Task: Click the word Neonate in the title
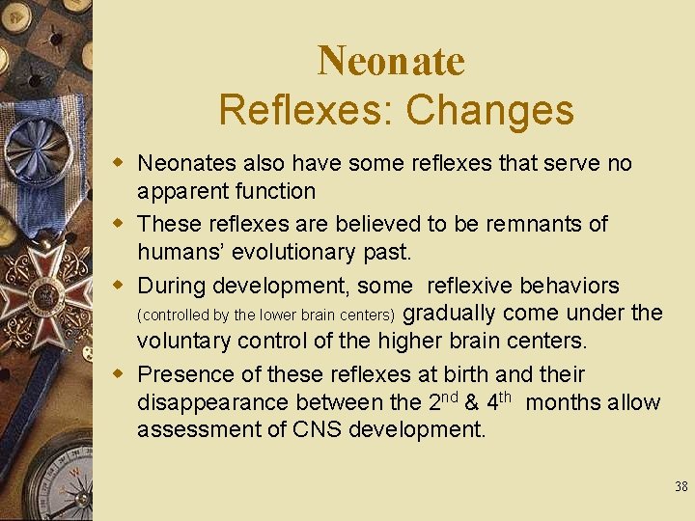[x=391, y=61]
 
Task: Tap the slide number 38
[x=681, y=487]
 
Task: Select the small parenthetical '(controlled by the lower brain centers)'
[x=266, y=315]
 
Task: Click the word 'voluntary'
[x=187, y=342]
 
